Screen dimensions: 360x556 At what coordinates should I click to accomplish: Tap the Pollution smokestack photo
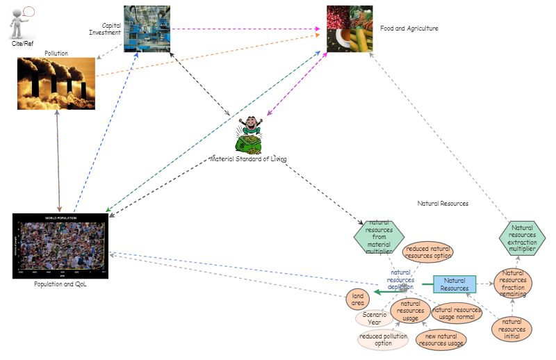56,83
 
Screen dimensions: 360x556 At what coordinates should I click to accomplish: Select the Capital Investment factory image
147,28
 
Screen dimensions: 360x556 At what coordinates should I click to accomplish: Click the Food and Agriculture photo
350,30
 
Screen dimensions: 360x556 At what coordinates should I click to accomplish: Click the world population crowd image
60,246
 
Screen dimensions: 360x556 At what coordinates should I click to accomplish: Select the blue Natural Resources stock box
455,284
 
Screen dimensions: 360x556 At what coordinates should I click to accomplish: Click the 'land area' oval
358,299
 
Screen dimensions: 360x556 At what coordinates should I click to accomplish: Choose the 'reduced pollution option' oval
383,340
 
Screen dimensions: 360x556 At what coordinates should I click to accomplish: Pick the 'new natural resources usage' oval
441,340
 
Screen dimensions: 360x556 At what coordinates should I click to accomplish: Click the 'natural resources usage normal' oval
457,313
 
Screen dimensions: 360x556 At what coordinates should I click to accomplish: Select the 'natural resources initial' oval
512,329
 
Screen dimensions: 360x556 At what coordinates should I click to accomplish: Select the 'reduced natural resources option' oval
427,252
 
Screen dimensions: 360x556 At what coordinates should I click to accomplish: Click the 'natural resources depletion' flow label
401,279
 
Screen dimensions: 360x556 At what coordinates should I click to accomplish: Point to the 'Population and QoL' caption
60,284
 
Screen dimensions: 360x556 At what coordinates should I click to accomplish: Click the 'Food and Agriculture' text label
409,28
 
